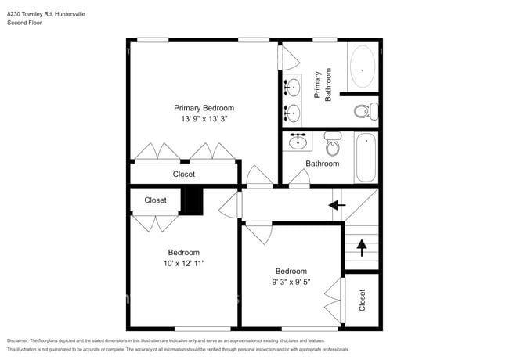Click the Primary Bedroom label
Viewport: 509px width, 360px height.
pos(204,108)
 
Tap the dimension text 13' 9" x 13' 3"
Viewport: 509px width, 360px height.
pos(204,119)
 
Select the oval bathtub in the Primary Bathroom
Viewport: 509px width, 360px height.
pos(362,67)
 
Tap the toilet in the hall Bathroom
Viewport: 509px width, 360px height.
pos(334,143)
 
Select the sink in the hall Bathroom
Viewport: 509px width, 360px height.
pos(298,142)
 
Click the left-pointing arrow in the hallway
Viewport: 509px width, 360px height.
pos(337,206)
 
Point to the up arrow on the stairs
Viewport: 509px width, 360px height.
pos(361,248)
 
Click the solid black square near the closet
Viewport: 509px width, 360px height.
pos(192,200)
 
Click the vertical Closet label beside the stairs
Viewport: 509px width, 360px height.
pos(362,301)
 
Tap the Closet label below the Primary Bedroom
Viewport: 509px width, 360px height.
pos(183,174)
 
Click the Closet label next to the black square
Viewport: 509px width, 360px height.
pos(155,200)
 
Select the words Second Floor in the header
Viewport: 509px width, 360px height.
pos(25,23)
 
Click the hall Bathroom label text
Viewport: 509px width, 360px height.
pos(322,164)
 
